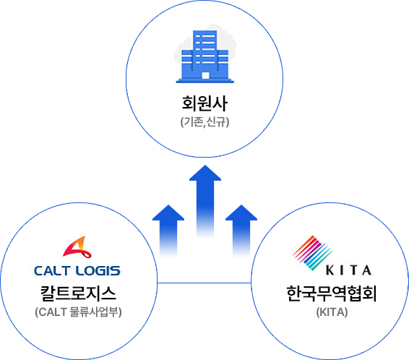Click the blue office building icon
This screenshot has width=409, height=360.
[205, 56]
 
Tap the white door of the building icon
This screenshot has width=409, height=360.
[205, 76]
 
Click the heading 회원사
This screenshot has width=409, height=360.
[204, 103]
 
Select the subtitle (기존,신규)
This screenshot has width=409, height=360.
[204, 122]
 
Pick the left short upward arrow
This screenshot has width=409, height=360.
[168, 231]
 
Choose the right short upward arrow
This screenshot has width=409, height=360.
[241, 231]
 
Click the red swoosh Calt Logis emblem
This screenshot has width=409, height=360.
[77, 247]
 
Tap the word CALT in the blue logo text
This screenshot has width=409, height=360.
[52, 271]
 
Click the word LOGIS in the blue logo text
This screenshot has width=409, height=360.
[98, 271]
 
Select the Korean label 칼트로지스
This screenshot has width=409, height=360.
[78, 293]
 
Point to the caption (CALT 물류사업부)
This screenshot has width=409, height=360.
[78, 312]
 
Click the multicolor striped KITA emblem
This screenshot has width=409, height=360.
[312, 252]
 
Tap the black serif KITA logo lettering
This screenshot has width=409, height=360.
[348, 270]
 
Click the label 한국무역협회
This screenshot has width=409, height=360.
[332, 293]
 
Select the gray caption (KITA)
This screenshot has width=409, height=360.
[332, 312]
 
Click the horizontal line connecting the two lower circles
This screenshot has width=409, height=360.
[204, 283]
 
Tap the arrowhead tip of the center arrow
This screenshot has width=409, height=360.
[205, 166]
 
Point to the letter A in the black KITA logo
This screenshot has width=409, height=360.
[367, 270]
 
